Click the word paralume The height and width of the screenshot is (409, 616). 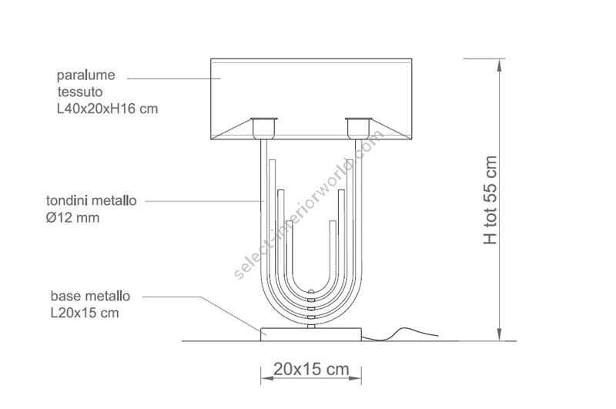click(86, 75)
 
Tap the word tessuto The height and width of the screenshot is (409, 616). click(80, 92)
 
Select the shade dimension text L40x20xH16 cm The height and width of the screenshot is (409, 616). click(107, 109)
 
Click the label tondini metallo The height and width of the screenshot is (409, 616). click(91, 201)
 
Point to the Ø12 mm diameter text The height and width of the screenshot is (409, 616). click(72, 218)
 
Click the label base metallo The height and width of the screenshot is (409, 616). click(90, 296)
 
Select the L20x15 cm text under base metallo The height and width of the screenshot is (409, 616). click(85, 313)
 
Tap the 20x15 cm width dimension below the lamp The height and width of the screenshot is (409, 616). click(311, 369)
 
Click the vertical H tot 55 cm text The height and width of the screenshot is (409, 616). click(490, 200)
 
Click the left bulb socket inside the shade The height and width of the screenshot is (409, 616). click(264, 128)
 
